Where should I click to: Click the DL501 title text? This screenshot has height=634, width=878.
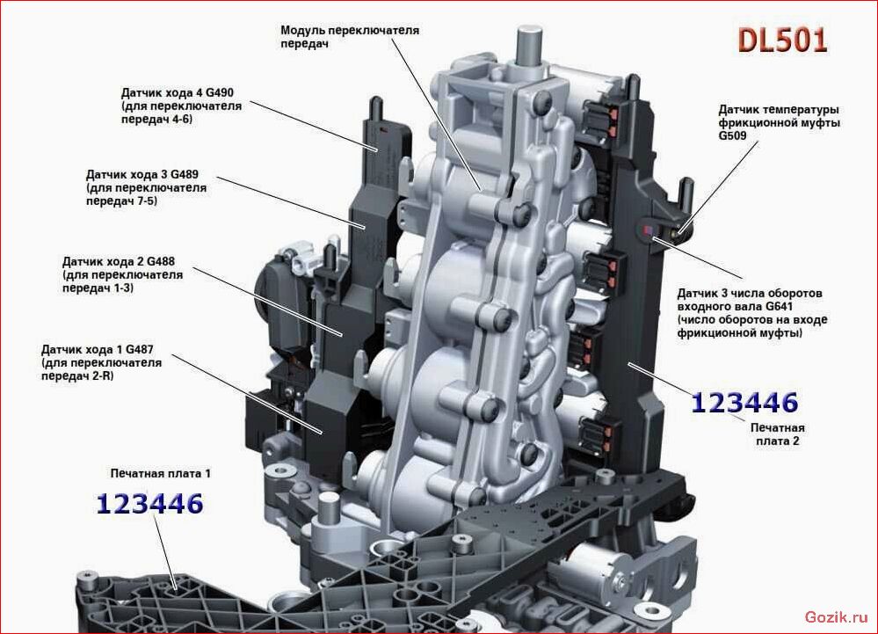click(782, 40)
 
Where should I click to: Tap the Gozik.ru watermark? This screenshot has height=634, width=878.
click(836, 617)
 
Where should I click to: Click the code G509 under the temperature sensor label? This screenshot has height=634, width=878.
click(733, 136)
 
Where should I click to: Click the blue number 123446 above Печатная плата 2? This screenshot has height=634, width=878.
click(744, 403)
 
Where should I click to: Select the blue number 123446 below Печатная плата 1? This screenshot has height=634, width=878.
click(150, 504)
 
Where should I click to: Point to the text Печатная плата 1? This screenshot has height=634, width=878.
click(161, 474)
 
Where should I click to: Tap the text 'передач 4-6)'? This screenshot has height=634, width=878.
click(156, 120)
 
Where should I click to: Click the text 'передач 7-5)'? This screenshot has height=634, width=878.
click(121, 201)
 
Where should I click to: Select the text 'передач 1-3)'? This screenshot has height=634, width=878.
click(98, 288)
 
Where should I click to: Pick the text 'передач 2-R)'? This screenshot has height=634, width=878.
click(77, 375)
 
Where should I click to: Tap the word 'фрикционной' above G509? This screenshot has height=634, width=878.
click(754, 122)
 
